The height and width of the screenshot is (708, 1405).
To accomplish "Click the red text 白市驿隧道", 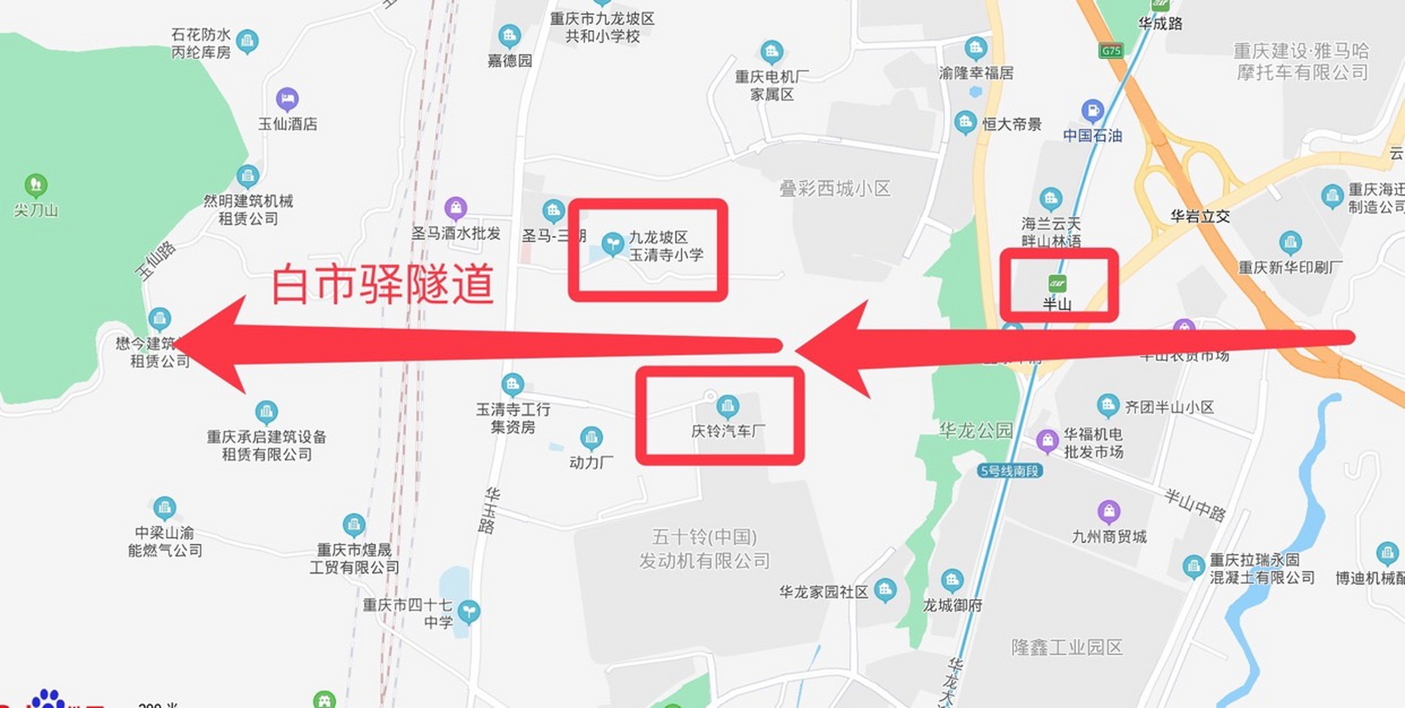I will coord(382,284).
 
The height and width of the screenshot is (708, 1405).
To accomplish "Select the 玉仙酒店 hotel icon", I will coord(287,100).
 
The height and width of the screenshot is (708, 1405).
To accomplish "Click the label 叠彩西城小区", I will coord(835,189).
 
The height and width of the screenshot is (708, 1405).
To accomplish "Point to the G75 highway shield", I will coord(1111,51).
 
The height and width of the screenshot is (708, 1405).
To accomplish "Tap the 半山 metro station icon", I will coord(1057,284).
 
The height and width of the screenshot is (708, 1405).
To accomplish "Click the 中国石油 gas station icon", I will coord(1092,111).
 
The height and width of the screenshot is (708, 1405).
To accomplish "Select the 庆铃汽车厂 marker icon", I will coord(727,407).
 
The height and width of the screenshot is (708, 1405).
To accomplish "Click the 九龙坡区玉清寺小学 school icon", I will coord(612,243).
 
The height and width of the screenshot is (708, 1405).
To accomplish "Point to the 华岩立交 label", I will coord(1200,216).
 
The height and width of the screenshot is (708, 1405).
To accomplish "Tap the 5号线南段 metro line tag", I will coord(1009,471).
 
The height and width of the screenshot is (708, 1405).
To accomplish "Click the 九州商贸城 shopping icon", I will coord(1109,512).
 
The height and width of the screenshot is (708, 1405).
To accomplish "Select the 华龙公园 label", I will coord(976,430).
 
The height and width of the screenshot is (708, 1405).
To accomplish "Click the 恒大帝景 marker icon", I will coord(965,122).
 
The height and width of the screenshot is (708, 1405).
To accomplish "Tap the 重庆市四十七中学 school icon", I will coord(469,611).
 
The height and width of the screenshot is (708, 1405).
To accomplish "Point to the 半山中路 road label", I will coord(1195,504).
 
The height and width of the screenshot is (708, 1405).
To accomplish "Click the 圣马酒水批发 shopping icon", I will coord(456,209).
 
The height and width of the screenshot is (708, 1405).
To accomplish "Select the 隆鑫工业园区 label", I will coord(1066,647).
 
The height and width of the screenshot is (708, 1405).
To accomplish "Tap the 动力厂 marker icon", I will coord(591,438).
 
